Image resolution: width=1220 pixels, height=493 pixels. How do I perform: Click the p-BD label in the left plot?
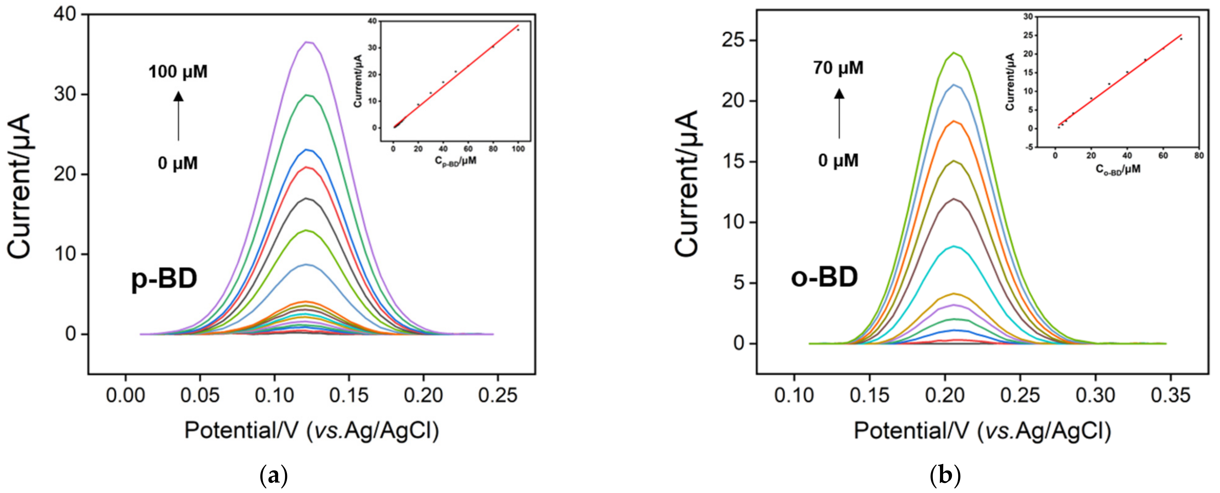tap(164, 279)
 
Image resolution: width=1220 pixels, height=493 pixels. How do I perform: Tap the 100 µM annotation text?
tap(178, 72)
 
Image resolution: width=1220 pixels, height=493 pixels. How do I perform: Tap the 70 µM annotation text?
tap(838, 68)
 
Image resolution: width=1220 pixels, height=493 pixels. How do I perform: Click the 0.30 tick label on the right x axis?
tap(1095, 395)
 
